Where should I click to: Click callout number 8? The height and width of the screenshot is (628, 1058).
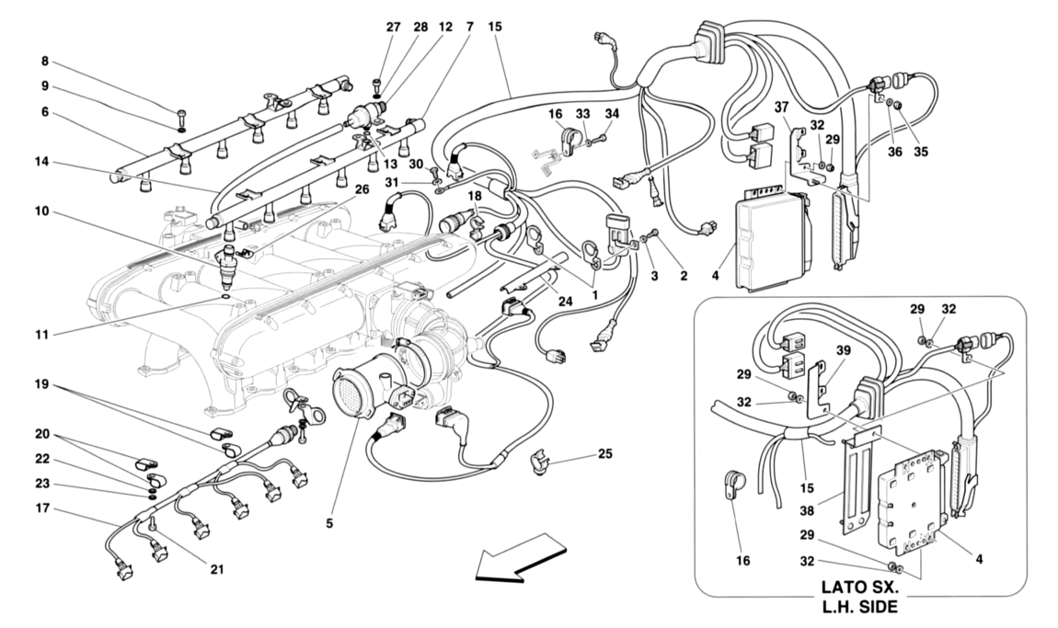44,63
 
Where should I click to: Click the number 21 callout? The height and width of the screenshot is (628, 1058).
217,569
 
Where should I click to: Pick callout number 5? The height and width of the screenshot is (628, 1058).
329,525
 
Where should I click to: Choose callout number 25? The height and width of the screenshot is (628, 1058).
604,453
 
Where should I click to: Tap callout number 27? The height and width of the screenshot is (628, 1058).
393,27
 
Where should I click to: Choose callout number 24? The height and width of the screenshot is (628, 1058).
564,300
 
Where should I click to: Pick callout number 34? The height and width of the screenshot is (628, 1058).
613,113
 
